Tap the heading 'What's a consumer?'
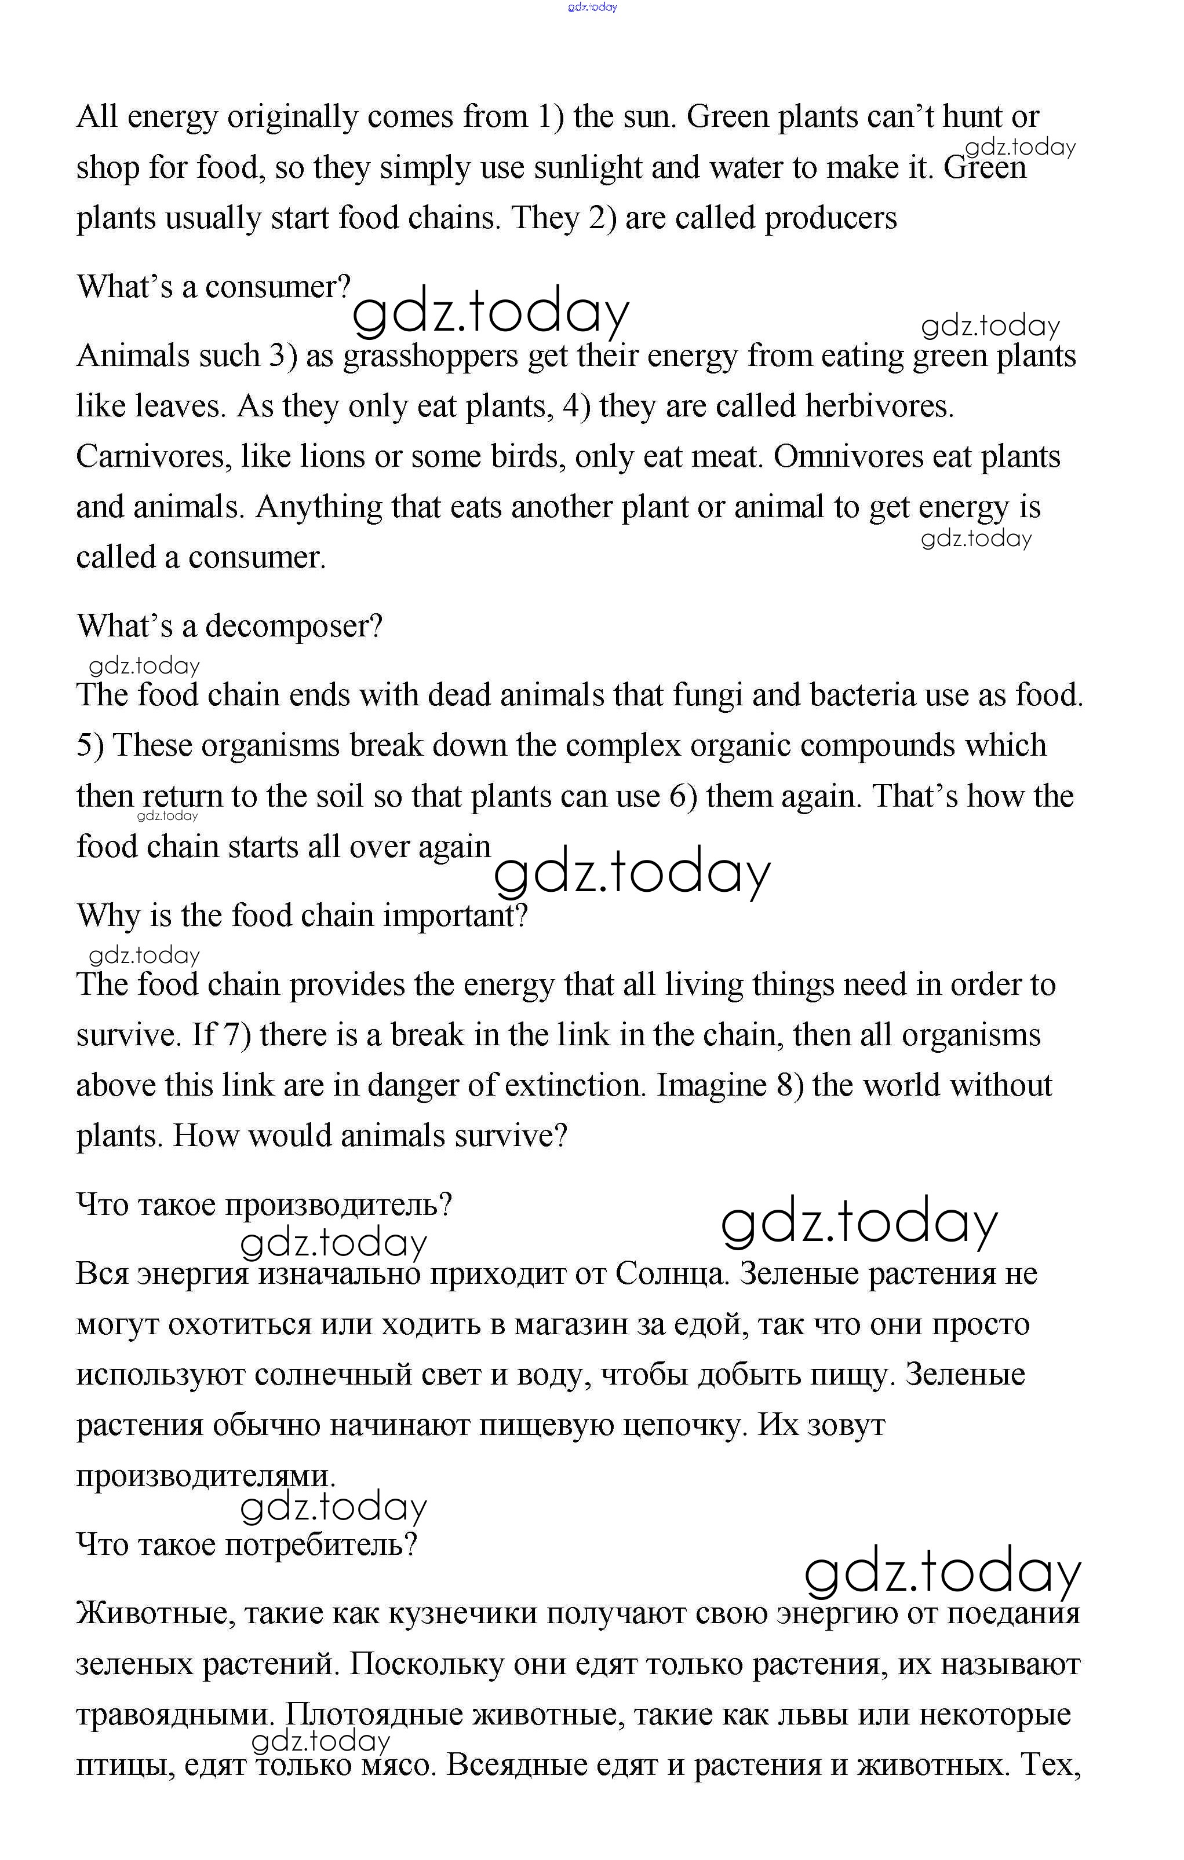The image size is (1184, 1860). point(213,287)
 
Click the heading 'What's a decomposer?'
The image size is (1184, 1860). point(229,625)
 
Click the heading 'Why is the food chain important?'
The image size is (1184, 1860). point(301,916)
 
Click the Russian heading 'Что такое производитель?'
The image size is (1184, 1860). point(264,1205)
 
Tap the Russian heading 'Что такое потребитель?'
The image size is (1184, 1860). point(246,1545)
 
